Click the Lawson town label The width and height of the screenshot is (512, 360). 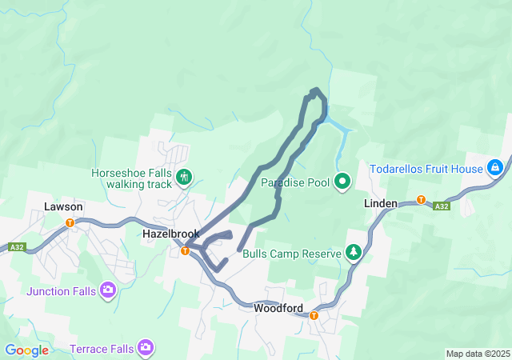pos(63,206)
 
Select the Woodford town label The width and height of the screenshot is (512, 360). pos(278,307)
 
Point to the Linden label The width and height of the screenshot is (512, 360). pos(381,203)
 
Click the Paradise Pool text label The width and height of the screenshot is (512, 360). pos(295,182)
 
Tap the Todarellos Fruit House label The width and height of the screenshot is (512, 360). pos(426,169)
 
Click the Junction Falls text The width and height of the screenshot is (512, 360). pos(61,291)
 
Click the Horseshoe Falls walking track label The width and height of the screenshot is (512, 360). pos(132,178)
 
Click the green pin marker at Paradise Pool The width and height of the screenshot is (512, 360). pos(343,182)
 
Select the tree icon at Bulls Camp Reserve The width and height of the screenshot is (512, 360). pos(353,253)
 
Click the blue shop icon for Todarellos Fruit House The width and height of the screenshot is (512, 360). pos(495,168)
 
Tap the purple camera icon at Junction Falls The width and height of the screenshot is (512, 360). pos(108,290)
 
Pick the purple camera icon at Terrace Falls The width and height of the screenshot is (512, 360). pos(146,347)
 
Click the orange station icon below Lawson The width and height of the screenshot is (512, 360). pos(70,222)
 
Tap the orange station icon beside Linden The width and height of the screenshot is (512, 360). pos(420,199)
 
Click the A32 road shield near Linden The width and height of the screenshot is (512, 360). pos(441,206)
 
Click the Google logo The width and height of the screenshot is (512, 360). pos(27,350)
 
